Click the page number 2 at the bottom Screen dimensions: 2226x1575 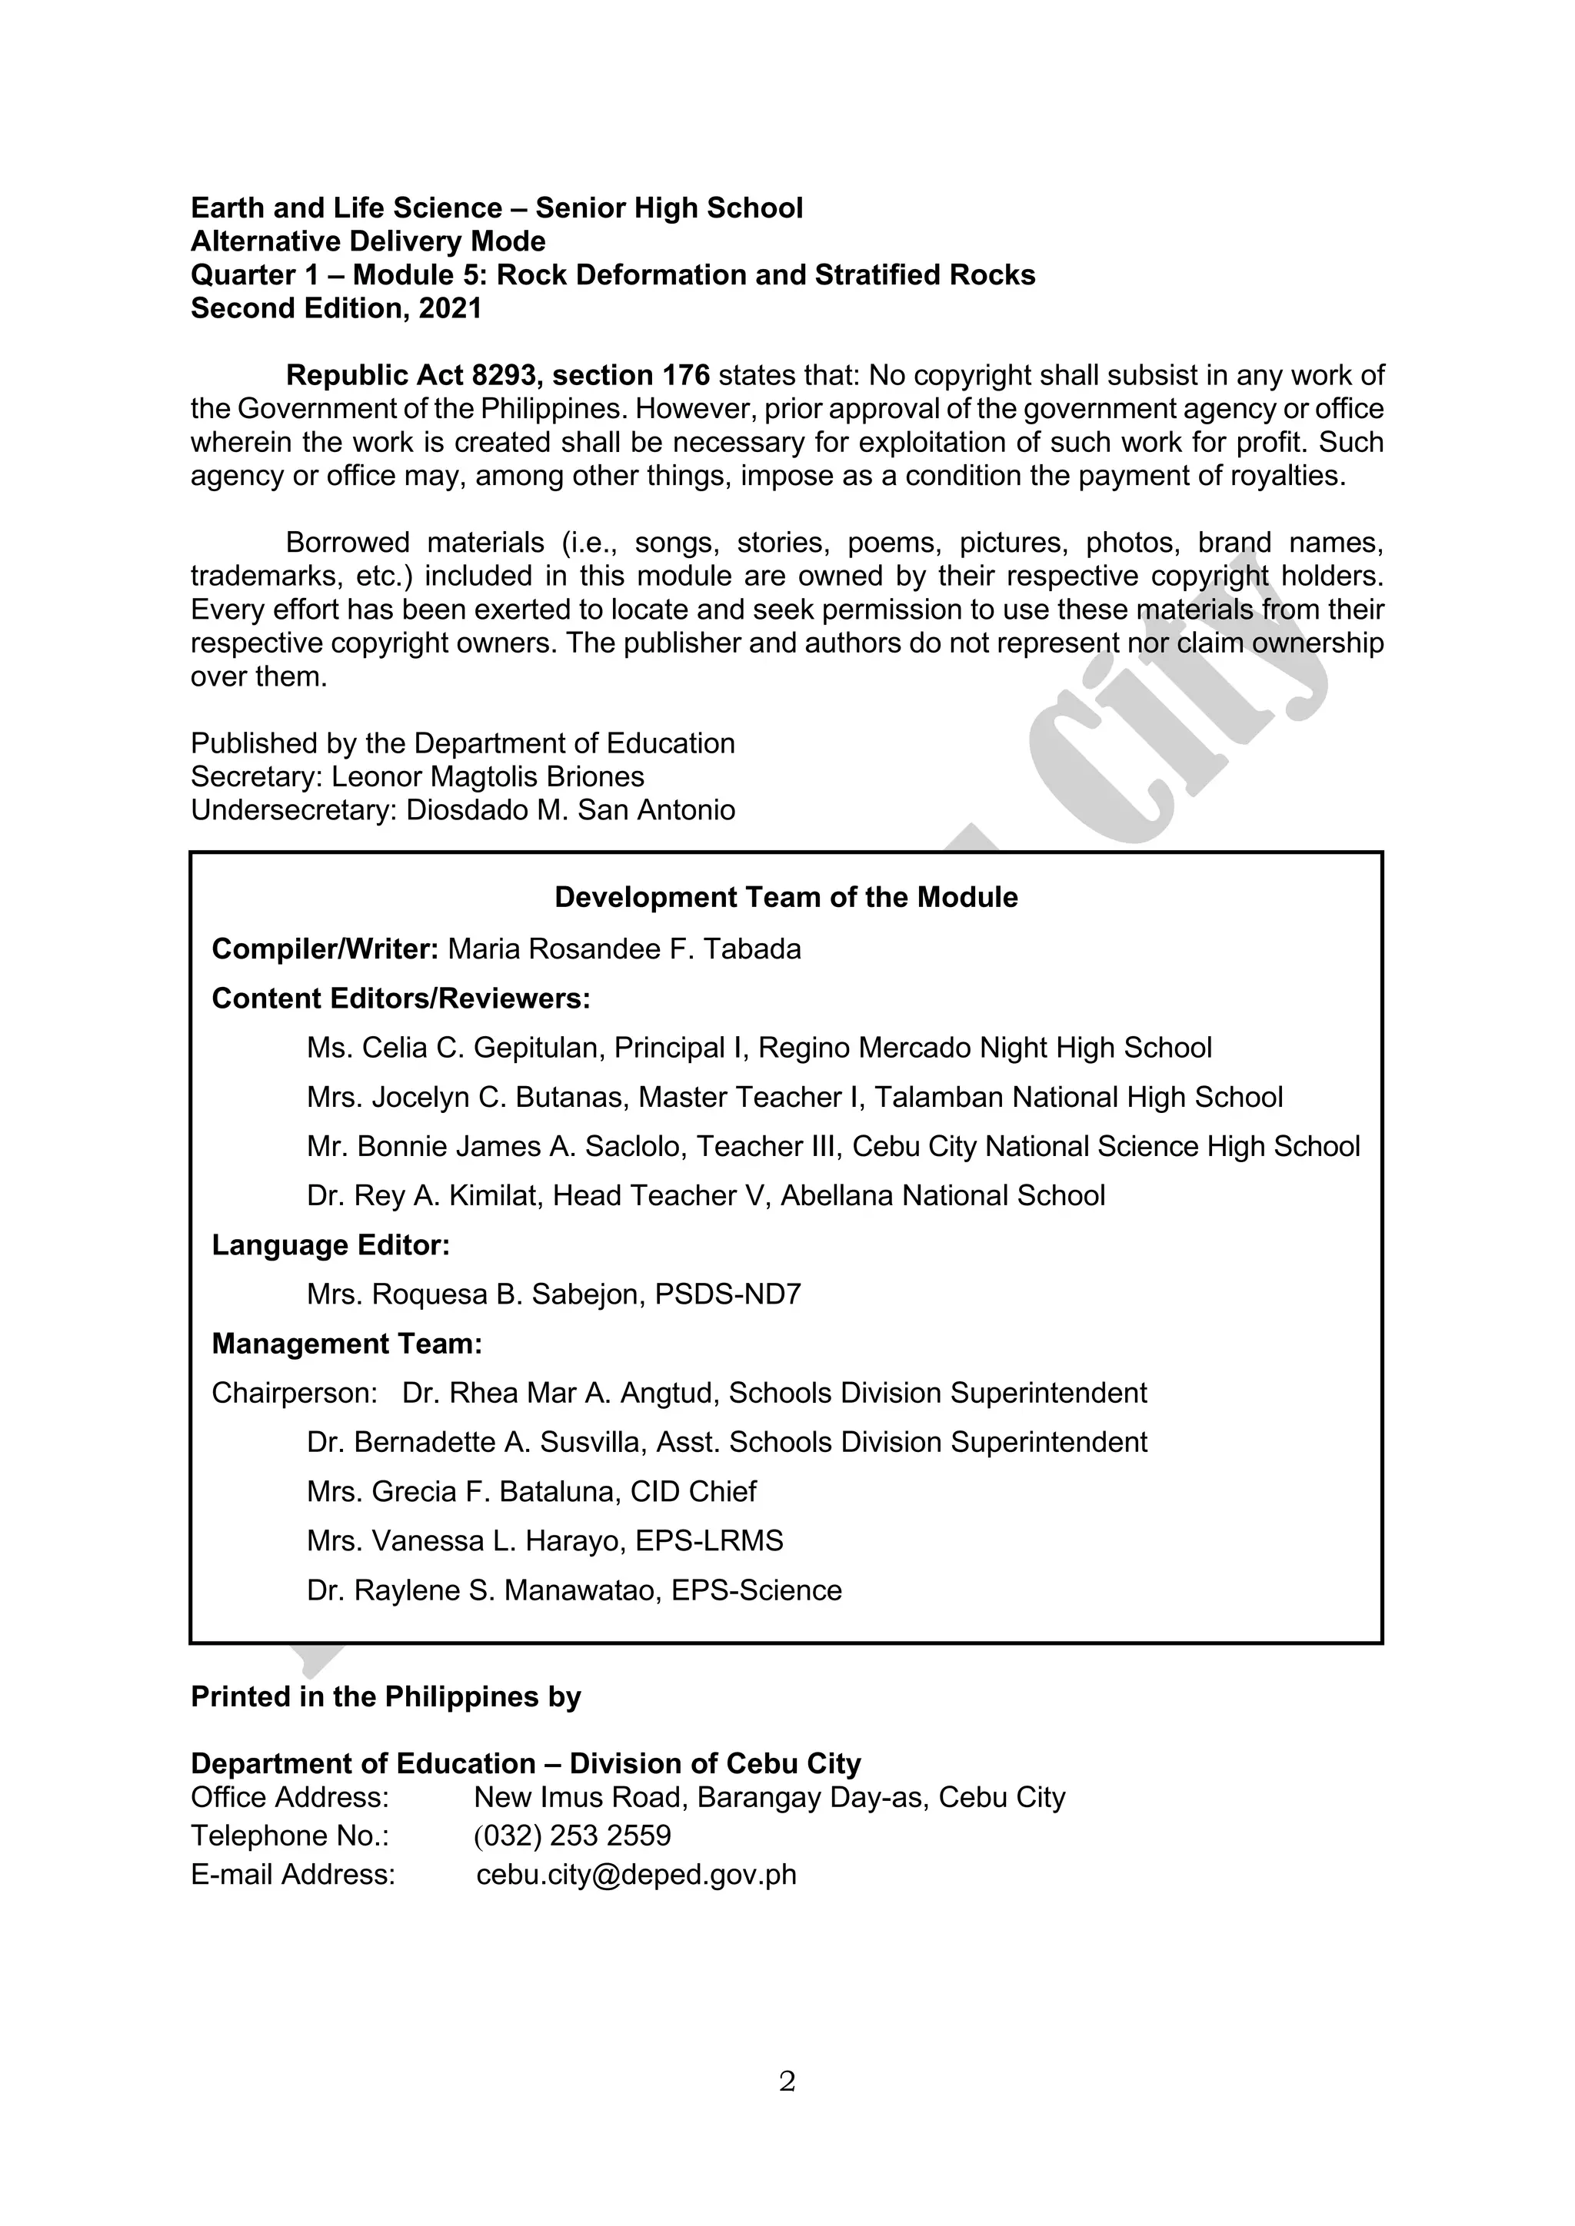787,2081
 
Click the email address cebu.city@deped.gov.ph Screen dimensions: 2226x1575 636,1874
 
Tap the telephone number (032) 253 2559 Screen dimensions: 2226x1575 572,1836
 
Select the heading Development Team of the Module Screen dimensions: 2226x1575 785,897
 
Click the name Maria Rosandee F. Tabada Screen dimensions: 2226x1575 624,949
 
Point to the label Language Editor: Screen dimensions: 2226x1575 331,1245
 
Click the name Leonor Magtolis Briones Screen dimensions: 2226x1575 488,776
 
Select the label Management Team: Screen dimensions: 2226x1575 346,1344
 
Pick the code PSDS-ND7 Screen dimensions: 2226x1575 728,1294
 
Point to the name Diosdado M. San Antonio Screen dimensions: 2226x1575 571,809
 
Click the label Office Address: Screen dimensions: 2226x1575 289,1797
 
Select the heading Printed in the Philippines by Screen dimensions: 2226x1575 385,1696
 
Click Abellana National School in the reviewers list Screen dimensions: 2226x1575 943,1195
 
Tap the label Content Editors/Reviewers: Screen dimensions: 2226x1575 401,998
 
